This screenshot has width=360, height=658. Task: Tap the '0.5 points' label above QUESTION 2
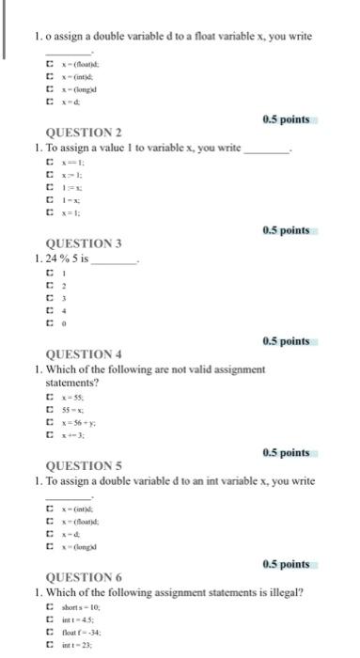pos(286,119)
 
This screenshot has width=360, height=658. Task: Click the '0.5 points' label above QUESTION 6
pos(286,563)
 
